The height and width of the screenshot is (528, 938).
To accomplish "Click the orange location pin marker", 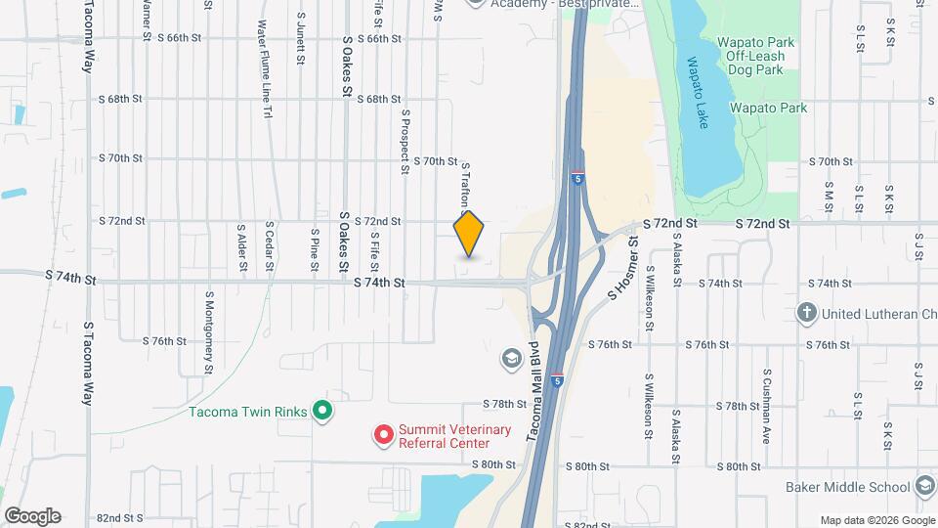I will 469,235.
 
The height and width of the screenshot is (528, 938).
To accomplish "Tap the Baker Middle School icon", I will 924,486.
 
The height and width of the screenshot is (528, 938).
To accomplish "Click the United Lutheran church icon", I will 806,314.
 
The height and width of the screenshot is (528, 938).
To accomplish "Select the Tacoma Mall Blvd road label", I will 534,389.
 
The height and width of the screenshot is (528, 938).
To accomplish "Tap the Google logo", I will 32,516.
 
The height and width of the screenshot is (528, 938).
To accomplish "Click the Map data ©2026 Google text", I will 876,519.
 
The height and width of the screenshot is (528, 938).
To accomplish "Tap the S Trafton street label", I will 466,186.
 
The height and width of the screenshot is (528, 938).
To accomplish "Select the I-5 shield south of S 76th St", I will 557,380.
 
